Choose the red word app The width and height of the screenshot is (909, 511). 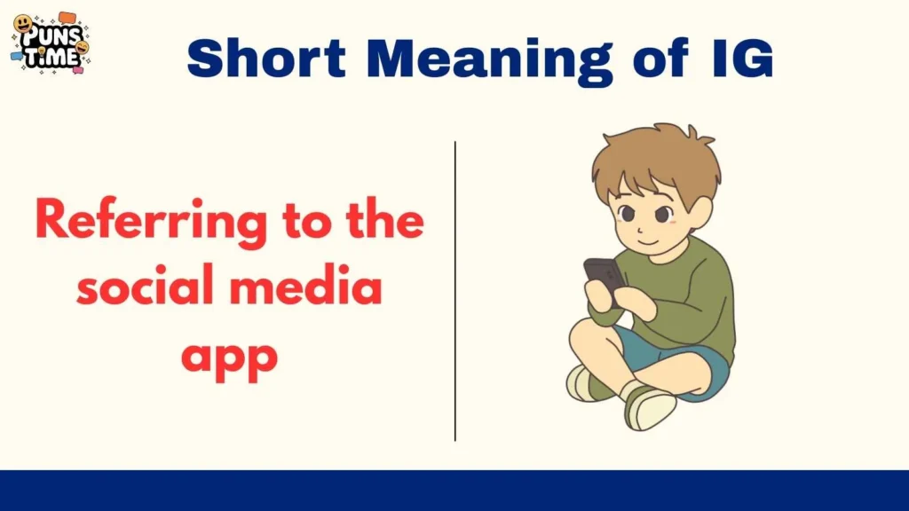tap(229, 357)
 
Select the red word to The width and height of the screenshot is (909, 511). tap(297, 222)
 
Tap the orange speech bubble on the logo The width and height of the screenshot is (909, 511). tap(68, 17)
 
